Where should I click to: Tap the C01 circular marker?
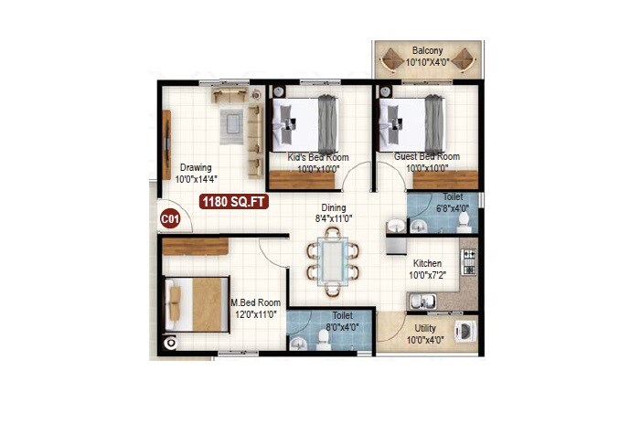170,219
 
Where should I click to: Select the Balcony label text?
428,50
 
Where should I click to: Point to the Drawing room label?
196,167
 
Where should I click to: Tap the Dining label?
333,208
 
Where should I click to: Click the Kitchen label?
427,263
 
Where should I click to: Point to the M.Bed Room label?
255,302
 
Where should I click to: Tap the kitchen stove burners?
468,262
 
